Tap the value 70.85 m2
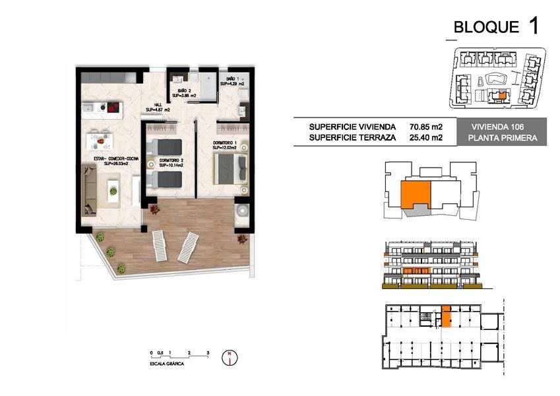coord(425,127)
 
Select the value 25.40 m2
coord(425,138)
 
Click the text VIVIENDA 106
coord(497,127)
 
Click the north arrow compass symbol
coord(229,356)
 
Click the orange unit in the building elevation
coord(416,271)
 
